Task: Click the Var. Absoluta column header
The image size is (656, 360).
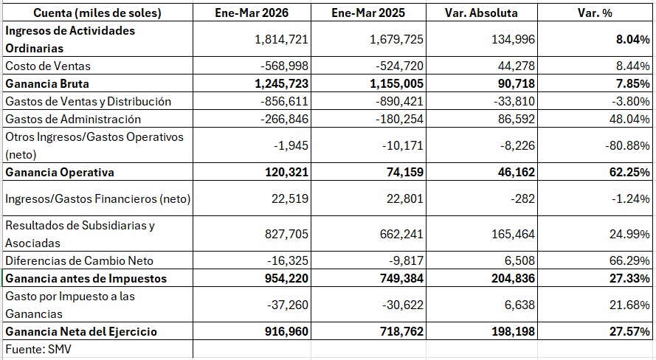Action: click(x=481, y=13)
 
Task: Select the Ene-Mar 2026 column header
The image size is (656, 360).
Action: click(x=252, y=13)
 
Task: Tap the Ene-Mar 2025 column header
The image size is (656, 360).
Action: click(x=368, y=13)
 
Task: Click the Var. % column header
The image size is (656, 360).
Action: click(x=595, y=13)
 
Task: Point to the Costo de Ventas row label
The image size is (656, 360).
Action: click(x=48, y=66)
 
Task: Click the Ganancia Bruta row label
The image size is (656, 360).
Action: click(x=47, y=83)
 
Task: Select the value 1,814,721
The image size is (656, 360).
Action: click(x=281, y=39)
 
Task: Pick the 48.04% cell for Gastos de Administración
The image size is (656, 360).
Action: click(x=629, y=120)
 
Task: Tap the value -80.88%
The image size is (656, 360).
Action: click(x=627, y=145)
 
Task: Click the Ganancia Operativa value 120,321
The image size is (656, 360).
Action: click(x=286, y=173)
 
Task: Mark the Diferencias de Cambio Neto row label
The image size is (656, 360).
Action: click(x=79, y=261)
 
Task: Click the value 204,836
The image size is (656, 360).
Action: click(x=513, y=278)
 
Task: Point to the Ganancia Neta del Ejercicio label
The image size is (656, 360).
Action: click(x=81, y=331)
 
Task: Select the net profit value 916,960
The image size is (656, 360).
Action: click(x=286, y=331)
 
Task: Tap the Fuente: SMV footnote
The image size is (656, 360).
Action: click(x=38, y=349)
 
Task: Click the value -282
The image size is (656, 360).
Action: click(x=522, y=198)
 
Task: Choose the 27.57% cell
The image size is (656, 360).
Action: click(x=629, y=331)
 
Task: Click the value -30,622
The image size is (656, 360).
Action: click(x=402, y=305)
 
